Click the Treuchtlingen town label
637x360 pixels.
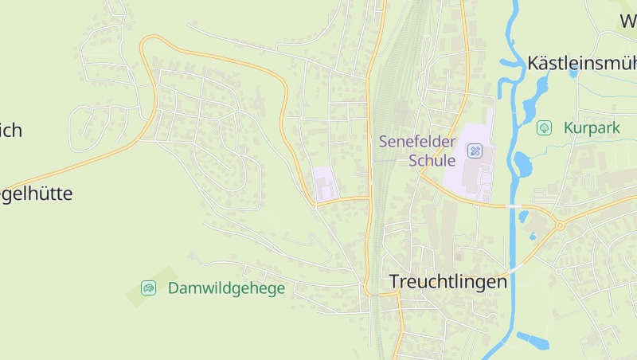tap(448, 281)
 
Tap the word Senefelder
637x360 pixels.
tap(417, 143)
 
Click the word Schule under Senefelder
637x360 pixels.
tap(432, 160)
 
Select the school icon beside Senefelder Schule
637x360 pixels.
tap(475, 151)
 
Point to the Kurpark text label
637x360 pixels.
tap(592, 127)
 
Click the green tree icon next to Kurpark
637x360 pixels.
tap(545, 127)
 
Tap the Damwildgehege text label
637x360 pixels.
tap(226, 288)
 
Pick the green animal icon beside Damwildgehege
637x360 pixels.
tap(148, 288)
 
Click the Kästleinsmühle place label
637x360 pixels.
tap(582, 63)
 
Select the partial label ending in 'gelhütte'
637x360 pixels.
tap(36, 194)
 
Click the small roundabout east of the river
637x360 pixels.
tap(560, 225)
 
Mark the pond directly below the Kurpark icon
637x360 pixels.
tap(522, 164)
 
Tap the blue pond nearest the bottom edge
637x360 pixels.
tap(533, 340)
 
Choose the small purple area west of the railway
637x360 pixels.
tap(325, 184)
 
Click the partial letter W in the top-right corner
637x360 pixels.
tap(627, 21)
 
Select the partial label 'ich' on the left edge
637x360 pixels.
tap(10, 131)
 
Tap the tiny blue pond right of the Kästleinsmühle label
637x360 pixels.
tap(573, 73)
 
